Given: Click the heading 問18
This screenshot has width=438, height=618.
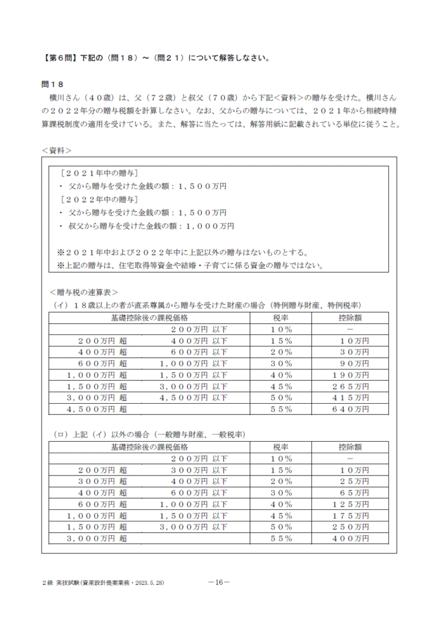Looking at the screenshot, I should [53, 83].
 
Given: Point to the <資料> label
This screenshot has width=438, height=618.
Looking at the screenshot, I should [57, 148].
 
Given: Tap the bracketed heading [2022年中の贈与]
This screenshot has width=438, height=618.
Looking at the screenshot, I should [99, 200].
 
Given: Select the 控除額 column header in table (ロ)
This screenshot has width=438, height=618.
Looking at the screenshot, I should [350, 447].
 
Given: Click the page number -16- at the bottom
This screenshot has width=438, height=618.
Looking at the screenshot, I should [218, 582].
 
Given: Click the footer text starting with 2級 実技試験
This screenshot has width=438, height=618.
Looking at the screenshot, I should [103, 583].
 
